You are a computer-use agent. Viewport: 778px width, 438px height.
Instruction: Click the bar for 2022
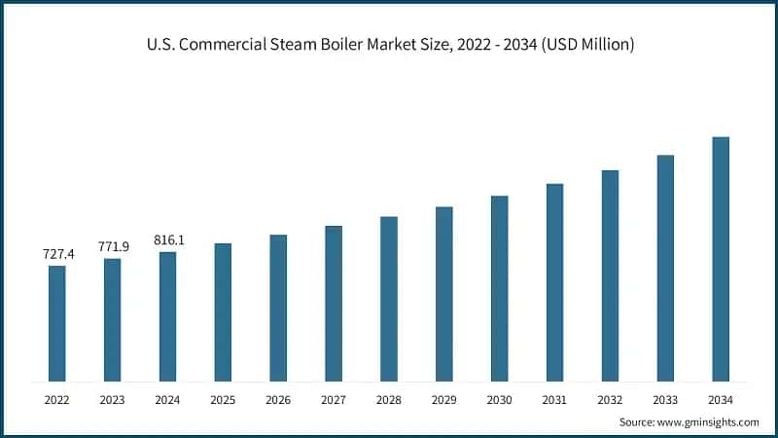coord(57,323)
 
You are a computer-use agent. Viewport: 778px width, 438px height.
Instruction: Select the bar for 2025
coord(223,311)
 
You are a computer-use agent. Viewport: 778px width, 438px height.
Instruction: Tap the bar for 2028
coord(389,298)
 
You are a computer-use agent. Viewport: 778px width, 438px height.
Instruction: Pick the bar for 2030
coord(499,288)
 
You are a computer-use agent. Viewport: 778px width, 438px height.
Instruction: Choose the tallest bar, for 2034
coord(721,258)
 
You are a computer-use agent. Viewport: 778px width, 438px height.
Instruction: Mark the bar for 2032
coord(610,275)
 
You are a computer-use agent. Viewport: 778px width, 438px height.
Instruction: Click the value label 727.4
coord(57,254)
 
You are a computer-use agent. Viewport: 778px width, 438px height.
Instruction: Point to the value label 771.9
coord(113,246)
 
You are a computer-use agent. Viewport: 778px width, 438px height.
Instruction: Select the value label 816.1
coord(168,239)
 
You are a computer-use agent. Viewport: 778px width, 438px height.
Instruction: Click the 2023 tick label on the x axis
coord(113,400)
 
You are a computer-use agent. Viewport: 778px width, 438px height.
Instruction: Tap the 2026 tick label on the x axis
coord(278,400)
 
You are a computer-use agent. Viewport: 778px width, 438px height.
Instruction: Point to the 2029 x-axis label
coord(444,400)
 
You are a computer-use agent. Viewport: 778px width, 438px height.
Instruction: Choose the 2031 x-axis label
coord(554,400)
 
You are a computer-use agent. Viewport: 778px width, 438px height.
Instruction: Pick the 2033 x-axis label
coord(665,400)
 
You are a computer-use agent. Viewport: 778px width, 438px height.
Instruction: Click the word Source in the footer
coord(637,422)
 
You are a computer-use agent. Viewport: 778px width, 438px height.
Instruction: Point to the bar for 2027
coord(334,303)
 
